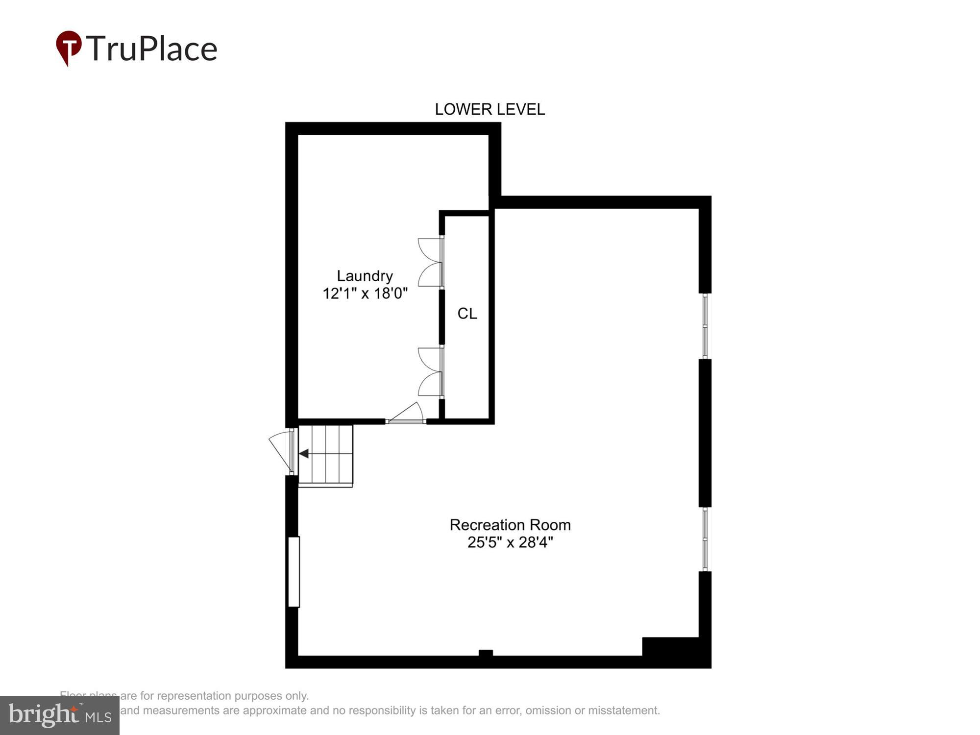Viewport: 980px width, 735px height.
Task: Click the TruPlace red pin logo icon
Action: (69, 47)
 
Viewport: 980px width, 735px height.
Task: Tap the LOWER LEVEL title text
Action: (490, 109)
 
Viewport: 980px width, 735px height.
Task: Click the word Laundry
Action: (365, 276)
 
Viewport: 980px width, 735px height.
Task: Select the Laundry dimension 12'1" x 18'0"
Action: (365, 294)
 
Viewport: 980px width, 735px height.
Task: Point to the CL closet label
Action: (467, 314)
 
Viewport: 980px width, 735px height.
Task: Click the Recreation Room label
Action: (510, 525)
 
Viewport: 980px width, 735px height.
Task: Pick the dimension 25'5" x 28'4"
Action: (510, 542)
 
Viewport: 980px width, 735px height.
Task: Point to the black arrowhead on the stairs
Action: (304, 454)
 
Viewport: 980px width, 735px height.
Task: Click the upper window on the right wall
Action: (705, 326)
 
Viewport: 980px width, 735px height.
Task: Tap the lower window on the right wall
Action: (705, 539)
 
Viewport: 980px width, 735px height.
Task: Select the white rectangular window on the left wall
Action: (294, 572)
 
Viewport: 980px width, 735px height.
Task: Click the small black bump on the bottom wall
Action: (485, 652)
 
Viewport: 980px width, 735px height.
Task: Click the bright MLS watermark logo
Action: (60, 715)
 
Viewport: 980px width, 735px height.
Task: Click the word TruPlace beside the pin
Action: (152, 49)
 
